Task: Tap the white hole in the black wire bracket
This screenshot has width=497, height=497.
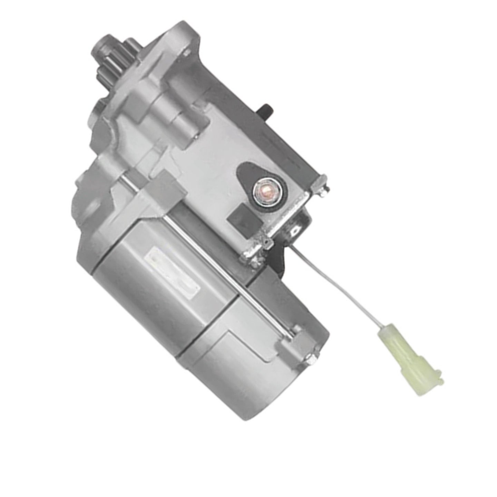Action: pos(295,230)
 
